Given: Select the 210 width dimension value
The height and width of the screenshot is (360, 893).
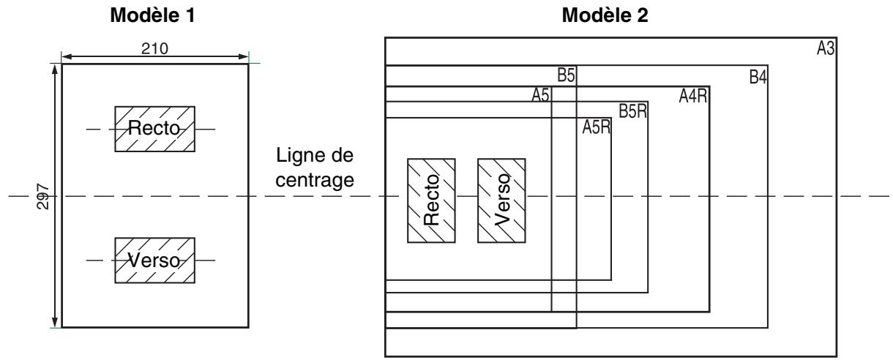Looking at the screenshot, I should tap(155, 48).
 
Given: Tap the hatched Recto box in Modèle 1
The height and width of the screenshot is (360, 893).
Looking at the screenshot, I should tap(154, 129).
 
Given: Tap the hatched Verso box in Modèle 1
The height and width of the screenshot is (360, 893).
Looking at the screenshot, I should tap(154, 260).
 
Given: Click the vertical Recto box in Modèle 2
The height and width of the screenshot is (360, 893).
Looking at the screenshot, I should tap(431, 200).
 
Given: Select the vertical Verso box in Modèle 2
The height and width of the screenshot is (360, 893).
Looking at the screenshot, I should tap(501, 200).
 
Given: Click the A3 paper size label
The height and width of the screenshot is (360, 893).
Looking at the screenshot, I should tap(826, 49).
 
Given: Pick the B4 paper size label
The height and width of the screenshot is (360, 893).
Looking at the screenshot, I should tap(757, 77).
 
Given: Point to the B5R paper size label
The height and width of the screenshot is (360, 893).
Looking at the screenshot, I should tap(632, 112).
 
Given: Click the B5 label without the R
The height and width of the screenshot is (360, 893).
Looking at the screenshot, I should tap(567, 76).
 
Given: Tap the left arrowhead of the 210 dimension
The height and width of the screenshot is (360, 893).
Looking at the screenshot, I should tap(66, 56).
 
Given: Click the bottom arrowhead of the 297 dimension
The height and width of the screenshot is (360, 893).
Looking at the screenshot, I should tap(55, 323).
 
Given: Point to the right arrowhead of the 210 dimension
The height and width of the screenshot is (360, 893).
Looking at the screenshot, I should tap(244, 56).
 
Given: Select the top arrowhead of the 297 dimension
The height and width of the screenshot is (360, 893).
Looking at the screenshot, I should tap(55, 70).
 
